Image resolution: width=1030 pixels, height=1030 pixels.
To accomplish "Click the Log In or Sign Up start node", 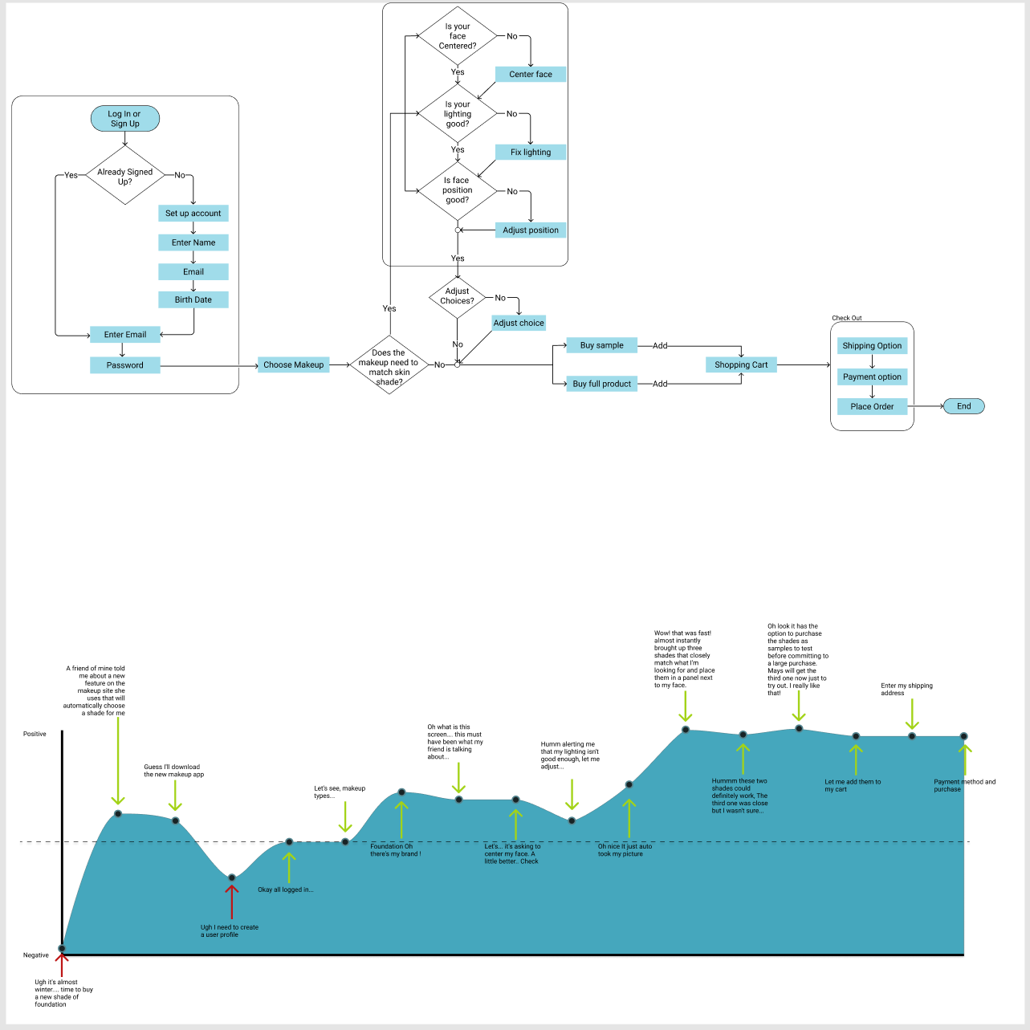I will pyautogui.click(x=125, y=119).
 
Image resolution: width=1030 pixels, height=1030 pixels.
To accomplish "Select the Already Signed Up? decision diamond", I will pyautogui.click(x=125, y=176).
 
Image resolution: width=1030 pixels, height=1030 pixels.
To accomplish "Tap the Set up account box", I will pyautogui.click(x=193, y=214).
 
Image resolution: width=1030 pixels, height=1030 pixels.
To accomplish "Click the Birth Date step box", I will pyautogui.click(x=193, y=300).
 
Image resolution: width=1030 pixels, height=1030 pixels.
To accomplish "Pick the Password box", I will pyautogui.click(x=125, y=365).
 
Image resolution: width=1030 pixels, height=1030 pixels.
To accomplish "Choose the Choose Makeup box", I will pyautogui.click(x=294, y=365).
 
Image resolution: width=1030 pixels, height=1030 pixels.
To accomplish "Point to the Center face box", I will pyautogui.click(x=531, y=75).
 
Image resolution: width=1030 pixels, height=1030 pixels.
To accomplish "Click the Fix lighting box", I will pyautogui.click(x=531, y=153).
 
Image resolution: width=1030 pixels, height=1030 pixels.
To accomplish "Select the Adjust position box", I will pyautogui.click(x=531, y=230).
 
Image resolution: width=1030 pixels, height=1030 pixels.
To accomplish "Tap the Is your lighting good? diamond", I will pyautogui.click(x=458, y=114).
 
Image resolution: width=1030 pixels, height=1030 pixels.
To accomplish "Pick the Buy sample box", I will pyautogui.click(x=602, y=346).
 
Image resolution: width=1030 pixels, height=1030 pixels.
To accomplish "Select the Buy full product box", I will pyautogui.click(x=602, y=385).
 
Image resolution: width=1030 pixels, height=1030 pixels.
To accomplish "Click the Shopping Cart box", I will pyautogui.click(x=741, y=365).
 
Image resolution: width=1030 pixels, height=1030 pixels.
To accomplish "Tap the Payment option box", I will pyautogui.click(x=872, y=377).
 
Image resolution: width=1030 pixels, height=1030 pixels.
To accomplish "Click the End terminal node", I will pyautogui.click(x=963, y=406).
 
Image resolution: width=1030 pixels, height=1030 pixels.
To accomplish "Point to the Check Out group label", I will pyautogui.click(x=847, y=319).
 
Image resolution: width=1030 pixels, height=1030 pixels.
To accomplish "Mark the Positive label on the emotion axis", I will pyautogui.click(x=35, y=735).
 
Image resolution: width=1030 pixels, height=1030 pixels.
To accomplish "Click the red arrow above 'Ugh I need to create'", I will pyautogui.click(x=231, y=901).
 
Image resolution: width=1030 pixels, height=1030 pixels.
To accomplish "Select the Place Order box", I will pyautogui.click(x=872, y=407).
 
